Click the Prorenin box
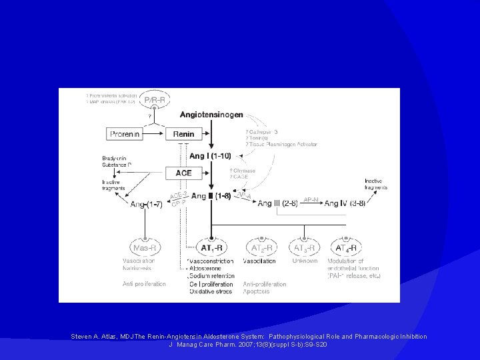[x=125, y=133]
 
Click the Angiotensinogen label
[x=211, y=115]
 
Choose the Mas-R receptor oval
[x=145, y=248]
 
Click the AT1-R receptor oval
[x=212, y=248]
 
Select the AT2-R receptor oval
[x=262, y=248]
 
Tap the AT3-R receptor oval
[x=305, y=248]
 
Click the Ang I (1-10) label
[x=210, y=155]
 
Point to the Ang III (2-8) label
[x=277, y=203]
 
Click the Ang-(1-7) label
[x=146, y=203]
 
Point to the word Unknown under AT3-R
[x=305, y=261]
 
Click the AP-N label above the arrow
[x=311, y=198]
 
